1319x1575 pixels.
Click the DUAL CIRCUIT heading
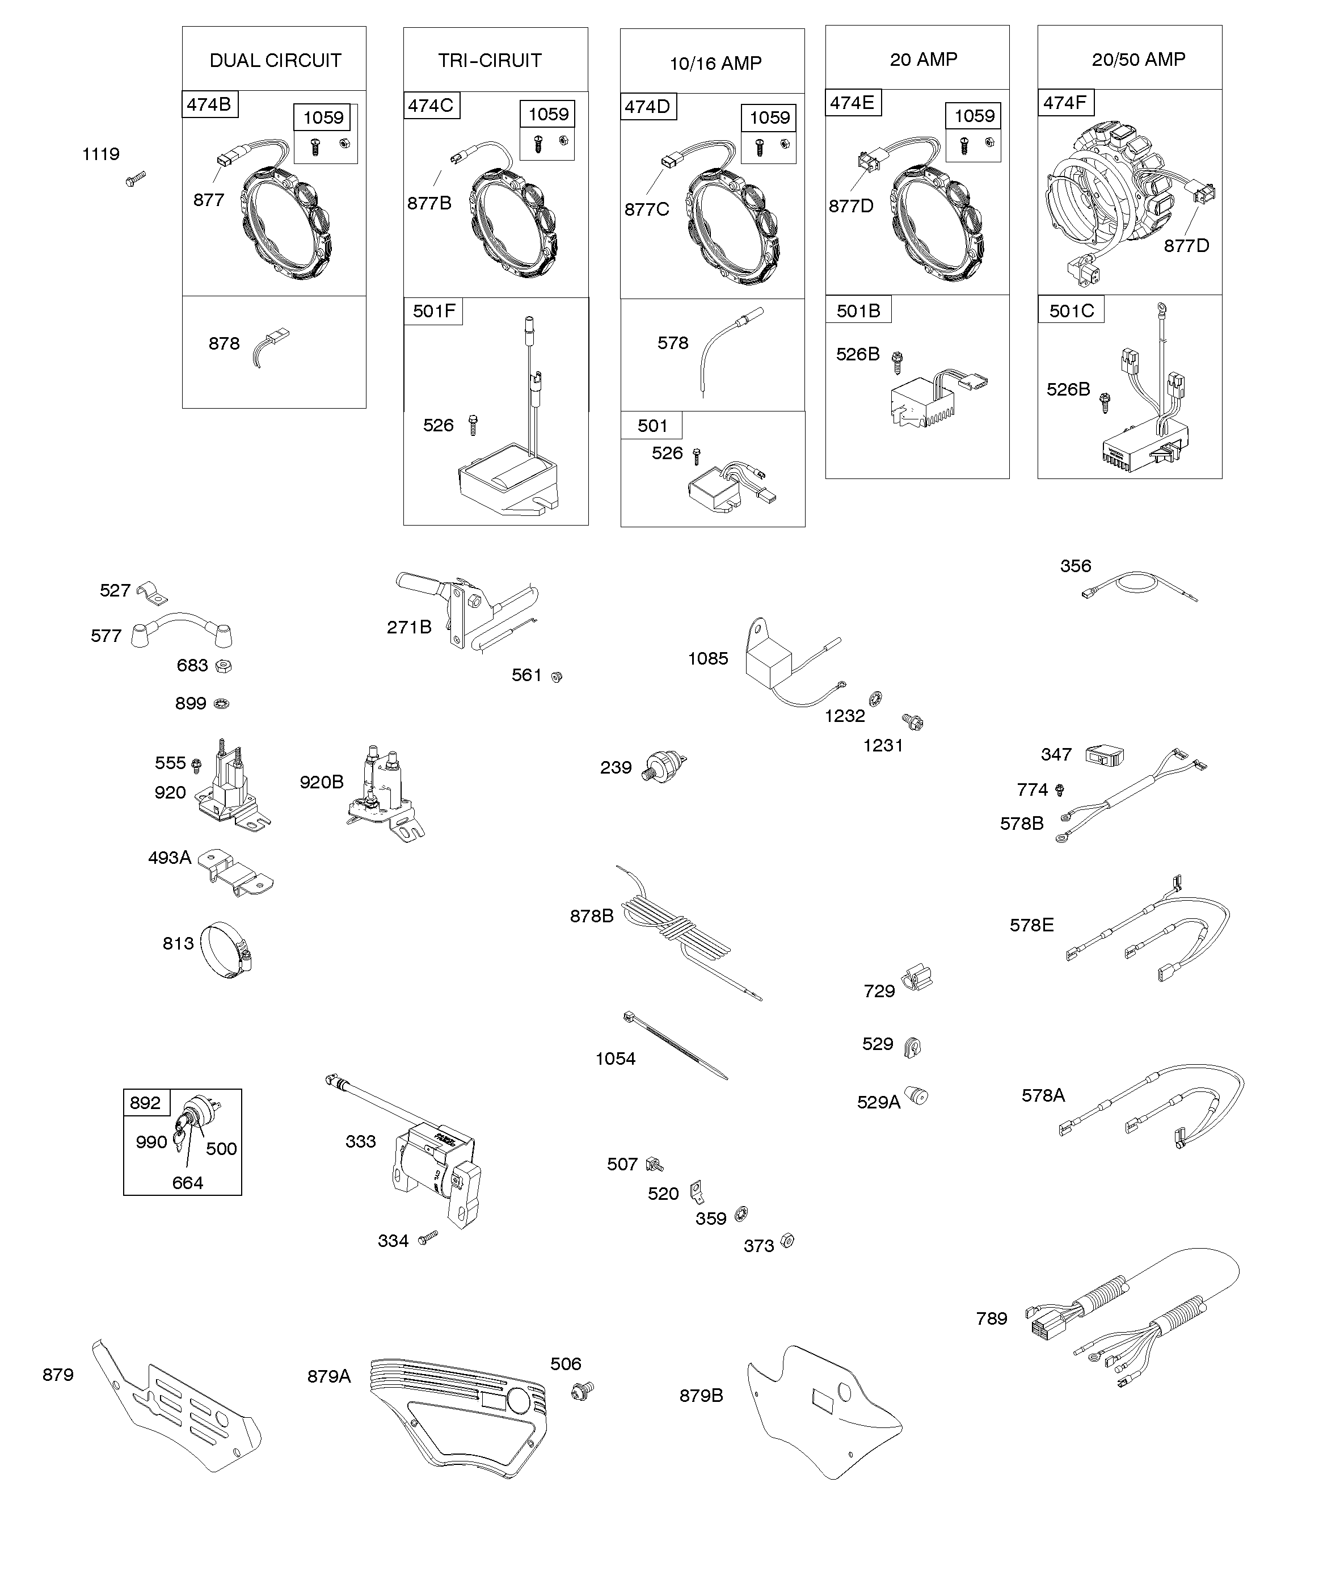coord(275,61)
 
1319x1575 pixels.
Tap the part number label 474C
coord(431,106)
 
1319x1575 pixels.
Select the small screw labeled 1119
coord(136,178)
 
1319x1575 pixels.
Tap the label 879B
coord(701,1396)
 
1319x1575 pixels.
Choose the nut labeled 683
coord(223,665)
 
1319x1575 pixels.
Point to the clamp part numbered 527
coord(152,593)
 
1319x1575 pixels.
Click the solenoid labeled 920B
coord(383,793)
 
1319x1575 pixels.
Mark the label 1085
coord(708,658)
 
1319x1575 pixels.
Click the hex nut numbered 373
coord(787,1241)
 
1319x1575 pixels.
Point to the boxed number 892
coord(145,1102)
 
